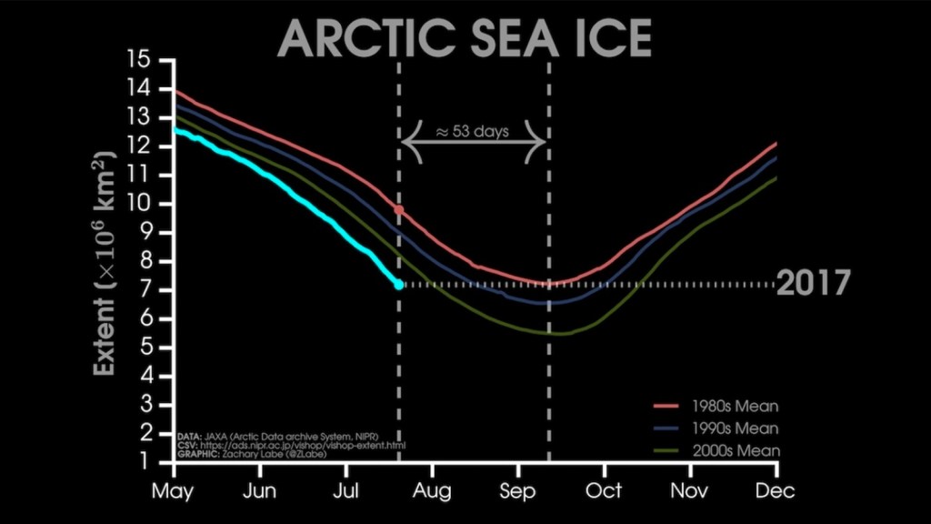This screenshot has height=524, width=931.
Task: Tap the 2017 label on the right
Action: coord(813,284)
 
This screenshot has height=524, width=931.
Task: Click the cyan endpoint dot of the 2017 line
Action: coord(398,285)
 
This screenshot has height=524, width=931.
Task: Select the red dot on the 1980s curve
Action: coord(398,210)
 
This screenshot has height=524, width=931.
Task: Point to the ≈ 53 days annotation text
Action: coord(473,130)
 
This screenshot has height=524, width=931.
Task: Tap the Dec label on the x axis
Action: coord(776,491)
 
